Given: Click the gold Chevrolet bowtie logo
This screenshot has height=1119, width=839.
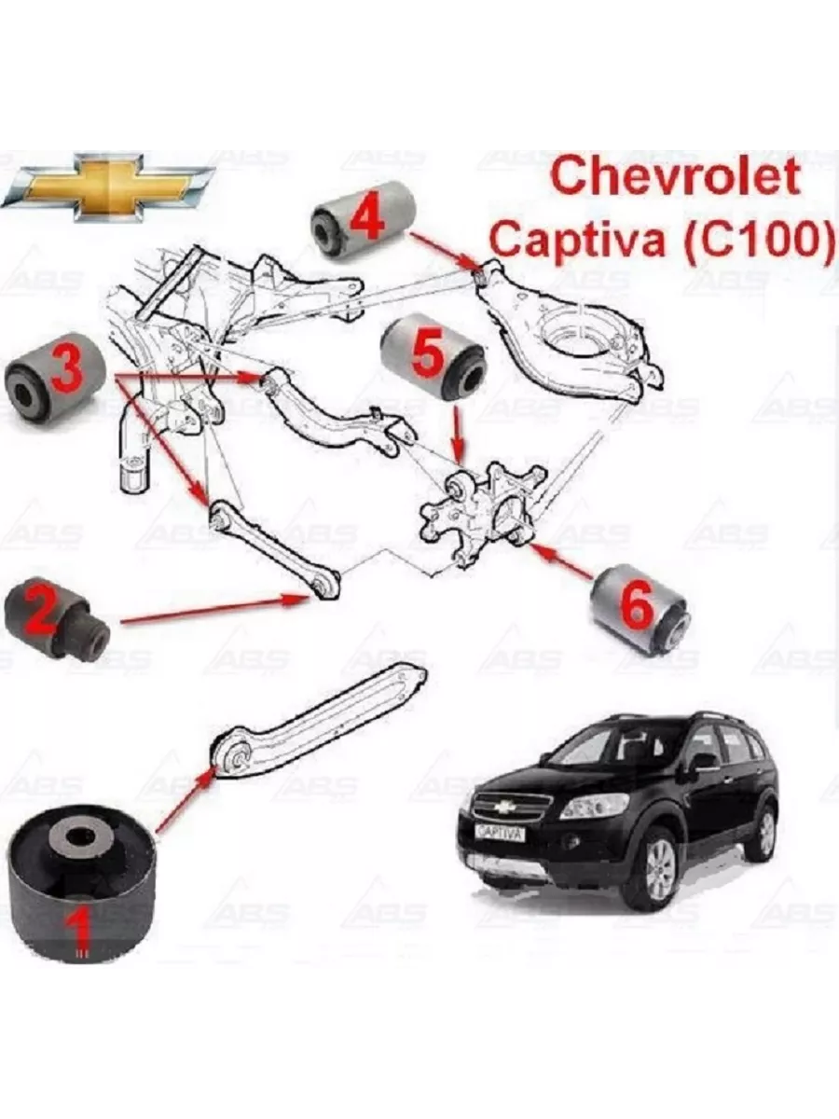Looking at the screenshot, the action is pos(108,187).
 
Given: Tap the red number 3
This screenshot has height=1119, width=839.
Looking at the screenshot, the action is pos(65,366).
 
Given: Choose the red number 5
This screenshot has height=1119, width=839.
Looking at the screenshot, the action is pos(427,351).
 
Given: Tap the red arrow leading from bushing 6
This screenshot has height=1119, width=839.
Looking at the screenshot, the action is pos(561,559).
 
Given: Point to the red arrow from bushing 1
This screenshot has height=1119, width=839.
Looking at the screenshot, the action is pos(185,804).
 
